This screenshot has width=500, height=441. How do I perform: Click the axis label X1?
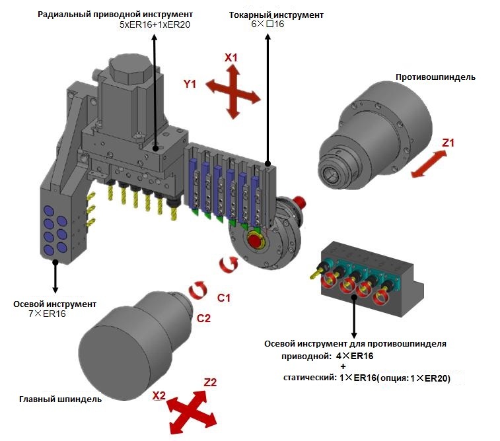coord(231,58)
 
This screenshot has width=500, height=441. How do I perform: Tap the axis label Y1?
coord(191,84)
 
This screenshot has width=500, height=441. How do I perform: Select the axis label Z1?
coord(448,142)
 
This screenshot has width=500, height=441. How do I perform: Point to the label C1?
coord(224,298)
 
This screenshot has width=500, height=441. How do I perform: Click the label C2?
coord(204,318)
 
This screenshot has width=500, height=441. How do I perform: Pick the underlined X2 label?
coord(159,395)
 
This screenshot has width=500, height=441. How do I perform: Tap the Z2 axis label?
coord(211,382)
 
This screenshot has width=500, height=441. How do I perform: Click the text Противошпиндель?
coord(435,77)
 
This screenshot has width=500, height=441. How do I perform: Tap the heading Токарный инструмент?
coord(268,15)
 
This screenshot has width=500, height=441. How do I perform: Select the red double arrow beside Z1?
coord(428,163)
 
